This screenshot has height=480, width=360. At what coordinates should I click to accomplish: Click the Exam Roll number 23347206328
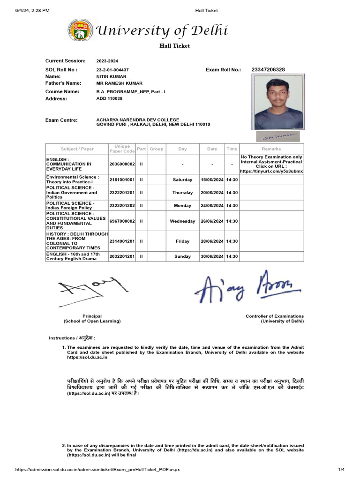268,70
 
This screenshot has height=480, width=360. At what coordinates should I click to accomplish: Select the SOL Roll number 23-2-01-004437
112,70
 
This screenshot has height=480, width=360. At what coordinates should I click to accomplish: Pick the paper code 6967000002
122,221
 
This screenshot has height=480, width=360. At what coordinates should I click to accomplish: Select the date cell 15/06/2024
212,180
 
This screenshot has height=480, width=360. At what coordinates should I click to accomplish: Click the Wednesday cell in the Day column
182,221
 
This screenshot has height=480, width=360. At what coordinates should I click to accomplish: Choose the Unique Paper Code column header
122,149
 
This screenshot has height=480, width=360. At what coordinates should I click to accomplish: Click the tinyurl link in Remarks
271,172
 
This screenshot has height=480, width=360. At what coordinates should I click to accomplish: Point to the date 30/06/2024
212,256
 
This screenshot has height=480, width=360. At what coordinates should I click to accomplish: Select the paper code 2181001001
122,180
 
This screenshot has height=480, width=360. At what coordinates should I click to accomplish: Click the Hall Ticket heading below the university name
174,46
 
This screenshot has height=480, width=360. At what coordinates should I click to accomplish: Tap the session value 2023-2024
108,61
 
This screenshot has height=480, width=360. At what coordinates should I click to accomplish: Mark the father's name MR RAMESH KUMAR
120,83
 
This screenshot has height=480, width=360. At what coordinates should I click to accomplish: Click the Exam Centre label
61,120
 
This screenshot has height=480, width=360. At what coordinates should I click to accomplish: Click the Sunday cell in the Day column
182,256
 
